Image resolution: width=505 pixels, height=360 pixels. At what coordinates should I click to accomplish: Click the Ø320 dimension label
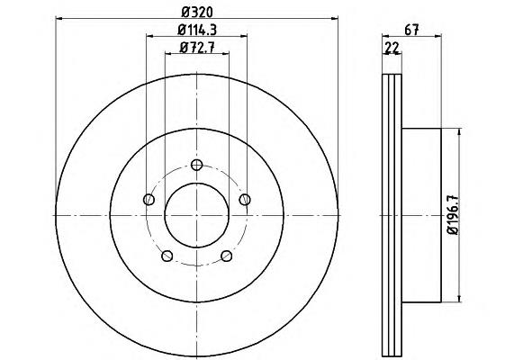pos(197,13)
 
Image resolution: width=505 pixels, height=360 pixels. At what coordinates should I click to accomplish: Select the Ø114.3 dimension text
pos(197,30)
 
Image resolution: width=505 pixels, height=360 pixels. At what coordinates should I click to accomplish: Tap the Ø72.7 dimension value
pos(197,48)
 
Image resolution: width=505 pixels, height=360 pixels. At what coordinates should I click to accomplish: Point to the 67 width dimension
pos(411,30)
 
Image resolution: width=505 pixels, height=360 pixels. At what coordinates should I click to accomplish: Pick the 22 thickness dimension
pos(392,48)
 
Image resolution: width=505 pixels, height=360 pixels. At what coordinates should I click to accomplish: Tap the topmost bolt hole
pos(196,166)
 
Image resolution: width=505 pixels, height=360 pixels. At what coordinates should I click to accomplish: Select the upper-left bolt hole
pos(149,200)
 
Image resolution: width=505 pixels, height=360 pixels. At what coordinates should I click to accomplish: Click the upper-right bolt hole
pos(245,200)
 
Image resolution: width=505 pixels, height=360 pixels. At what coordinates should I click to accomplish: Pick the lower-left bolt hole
pos(167,256)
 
